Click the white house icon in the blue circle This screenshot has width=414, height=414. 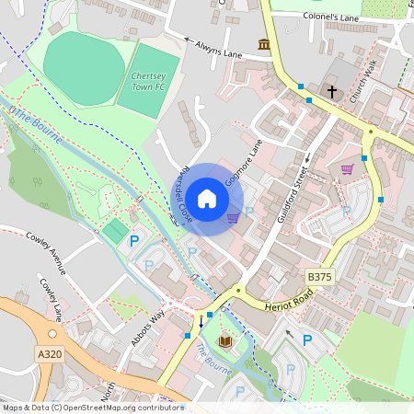207,198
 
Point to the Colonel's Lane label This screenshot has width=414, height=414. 332,17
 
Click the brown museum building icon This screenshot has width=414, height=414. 264,44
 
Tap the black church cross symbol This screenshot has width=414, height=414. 331,93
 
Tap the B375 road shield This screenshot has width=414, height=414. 319,277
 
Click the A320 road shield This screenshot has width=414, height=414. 51,352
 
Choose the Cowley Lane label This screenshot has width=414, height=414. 52,299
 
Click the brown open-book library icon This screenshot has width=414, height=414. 224,342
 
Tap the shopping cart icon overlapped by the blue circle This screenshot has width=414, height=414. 233,217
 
